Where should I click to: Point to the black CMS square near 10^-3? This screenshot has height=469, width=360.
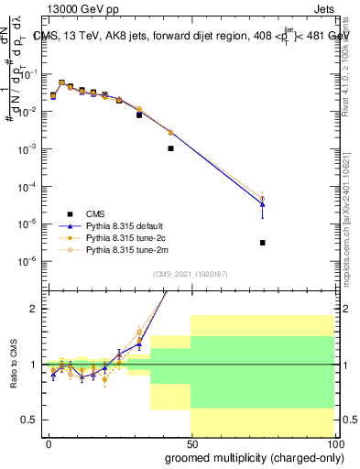click(170, 148)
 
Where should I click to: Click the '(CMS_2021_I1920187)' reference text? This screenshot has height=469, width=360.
click(190, 272)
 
